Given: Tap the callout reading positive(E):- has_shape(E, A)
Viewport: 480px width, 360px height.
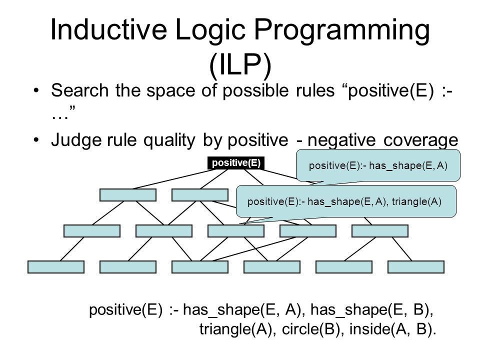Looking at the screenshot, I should (x=378, y=165).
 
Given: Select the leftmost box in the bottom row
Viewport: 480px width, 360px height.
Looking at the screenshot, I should (x=55, y=267).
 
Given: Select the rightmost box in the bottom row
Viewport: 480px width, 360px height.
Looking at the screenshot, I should (x=415, y=267).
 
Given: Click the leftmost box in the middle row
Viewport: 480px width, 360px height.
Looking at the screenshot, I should (x=92, y=230).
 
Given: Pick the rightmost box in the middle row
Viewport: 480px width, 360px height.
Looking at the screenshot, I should (x=380, y=230).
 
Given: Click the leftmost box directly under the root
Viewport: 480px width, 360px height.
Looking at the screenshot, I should (x=127, y=195).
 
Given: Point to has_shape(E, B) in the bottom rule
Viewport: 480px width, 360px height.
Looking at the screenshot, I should (x=371, y=310).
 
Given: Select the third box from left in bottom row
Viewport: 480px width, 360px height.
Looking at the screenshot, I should (x=199, y=267).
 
